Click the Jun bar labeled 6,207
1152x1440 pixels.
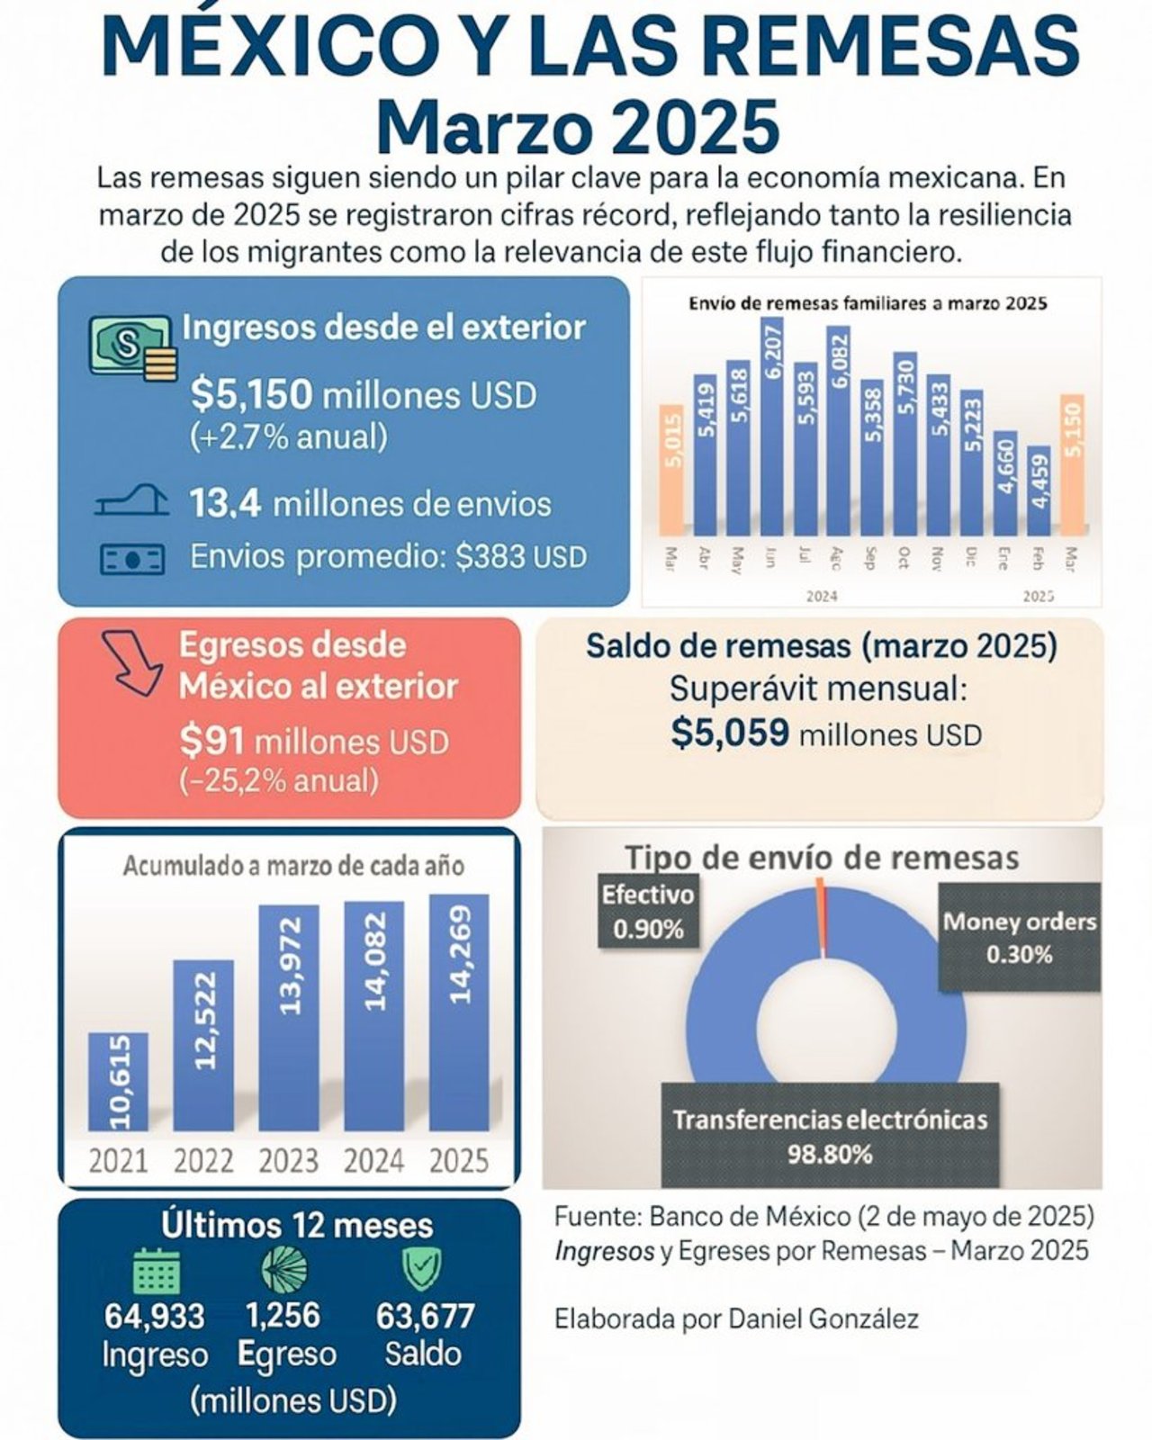tap(773, 423)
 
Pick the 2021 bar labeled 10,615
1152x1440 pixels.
tap(118, 1082)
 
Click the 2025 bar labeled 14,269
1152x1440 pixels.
tap(459, 1012)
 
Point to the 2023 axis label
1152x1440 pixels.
tap(289, 1160)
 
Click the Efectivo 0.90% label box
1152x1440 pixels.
tap(648, 913)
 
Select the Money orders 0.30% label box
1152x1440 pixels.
tap(1019, 937)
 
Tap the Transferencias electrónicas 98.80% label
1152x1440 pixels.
tap(830, 1136)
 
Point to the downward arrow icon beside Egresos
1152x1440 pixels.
tap(130, 662)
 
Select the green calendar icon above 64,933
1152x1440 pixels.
tap(157, 1270)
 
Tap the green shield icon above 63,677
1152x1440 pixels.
tap(421, 1268)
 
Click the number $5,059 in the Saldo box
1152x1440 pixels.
tap(730, 734)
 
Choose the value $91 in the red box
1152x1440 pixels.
tap(212, 742)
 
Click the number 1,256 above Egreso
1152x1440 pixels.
tap(283, 1316)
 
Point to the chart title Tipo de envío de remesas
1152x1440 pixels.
tap(822, 856)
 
